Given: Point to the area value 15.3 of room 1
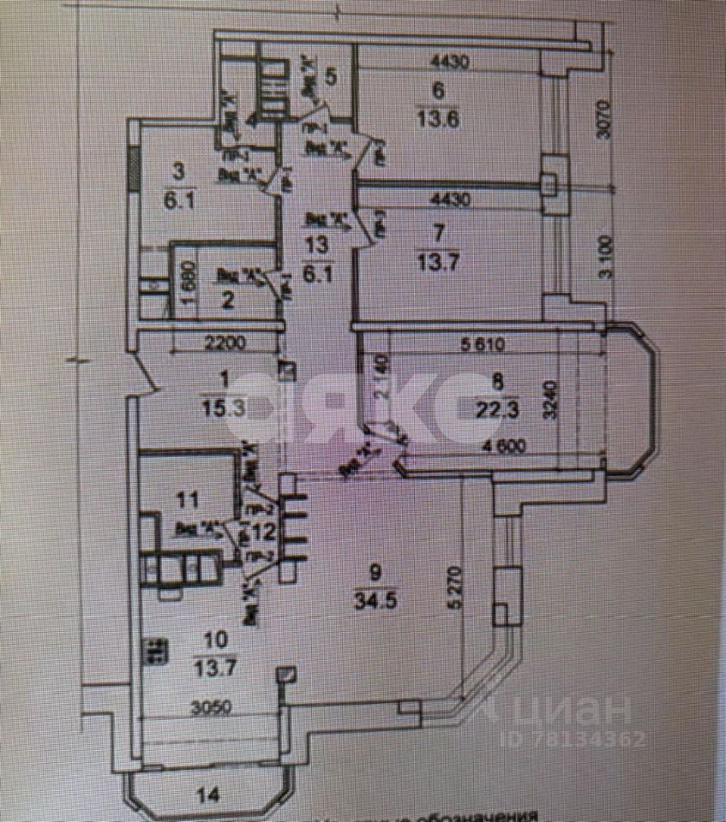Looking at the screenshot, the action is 226,408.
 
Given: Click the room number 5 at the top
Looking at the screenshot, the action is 331,75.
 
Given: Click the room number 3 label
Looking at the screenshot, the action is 178,171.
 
